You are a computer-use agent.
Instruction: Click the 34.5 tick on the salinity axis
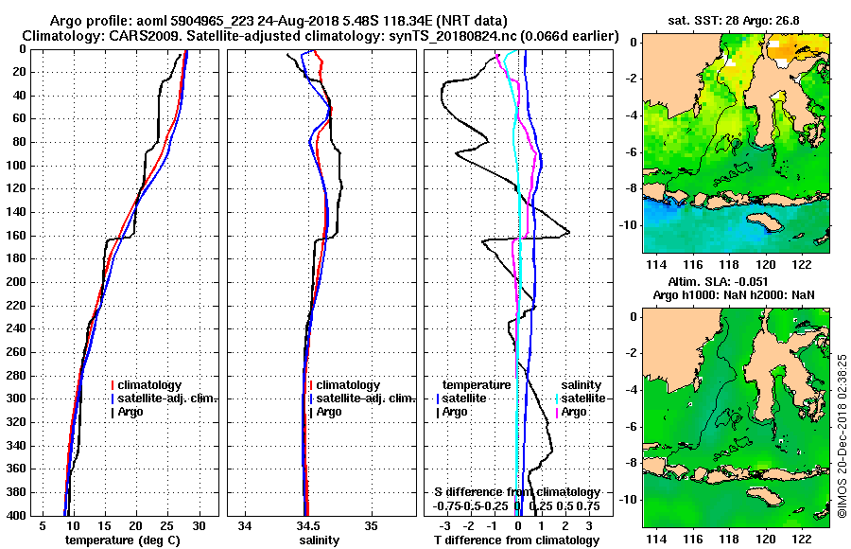(306, 525)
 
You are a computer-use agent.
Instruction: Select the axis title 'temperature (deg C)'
(122, 540)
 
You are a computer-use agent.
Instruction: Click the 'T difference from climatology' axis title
(516, 540)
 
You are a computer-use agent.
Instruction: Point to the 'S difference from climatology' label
(516, 492)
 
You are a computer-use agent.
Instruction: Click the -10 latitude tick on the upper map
(632, 225)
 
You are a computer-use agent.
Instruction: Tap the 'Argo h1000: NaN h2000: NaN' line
(734, 295)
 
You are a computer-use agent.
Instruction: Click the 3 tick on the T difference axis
(589, 525)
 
